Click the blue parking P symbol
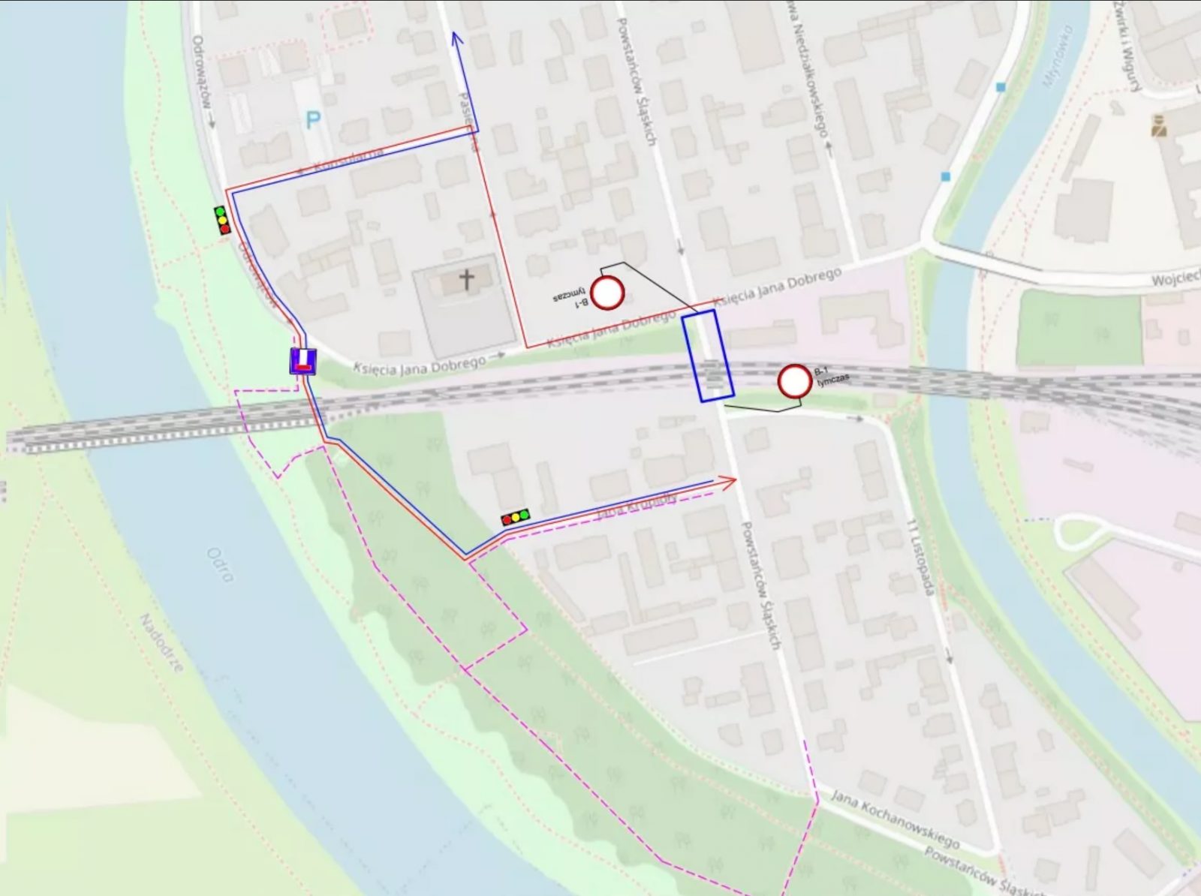pos(313,120)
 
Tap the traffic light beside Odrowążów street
pos(222,220)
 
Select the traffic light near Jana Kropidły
pos(516,517)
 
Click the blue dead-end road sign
pos(303,362)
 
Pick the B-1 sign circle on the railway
pos(794,381)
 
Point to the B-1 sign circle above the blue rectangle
pos(607,293)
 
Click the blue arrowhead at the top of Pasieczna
pos(456,39)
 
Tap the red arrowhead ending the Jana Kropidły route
pos(729,483)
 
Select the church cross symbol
pos(467,280)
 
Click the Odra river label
pos(221,565)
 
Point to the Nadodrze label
pos(162,642)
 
